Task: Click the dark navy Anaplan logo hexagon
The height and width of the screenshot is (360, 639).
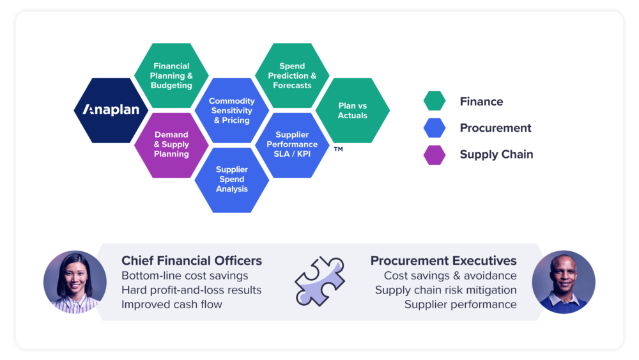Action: pos(111,111)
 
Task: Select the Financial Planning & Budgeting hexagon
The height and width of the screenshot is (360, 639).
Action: pos(171,76)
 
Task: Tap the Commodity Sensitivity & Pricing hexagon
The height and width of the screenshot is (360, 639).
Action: pos(232,111)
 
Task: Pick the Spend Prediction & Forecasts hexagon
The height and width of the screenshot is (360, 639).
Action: pos(292,76)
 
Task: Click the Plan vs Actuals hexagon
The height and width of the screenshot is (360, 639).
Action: pos(353,111)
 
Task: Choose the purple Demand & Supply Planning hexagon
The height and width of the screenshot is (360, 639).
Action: pos(171,145)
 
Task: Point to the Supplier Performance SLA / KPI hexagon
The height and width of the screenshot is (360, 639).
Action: pos(292,145)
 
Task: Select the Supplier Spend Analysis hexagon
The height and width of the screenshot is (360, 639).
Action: pos(232,180)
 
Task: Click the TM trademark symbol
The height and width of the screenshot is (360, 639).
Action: pos(338,149)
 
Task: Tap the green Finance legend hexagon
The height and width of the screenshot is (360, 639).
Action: pos(435,100)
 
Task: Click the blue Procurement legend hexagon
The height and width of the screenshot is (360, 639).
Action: pos(435,128)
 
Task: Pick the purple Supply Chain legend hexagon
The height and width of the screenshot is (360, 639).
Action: pos(435,155)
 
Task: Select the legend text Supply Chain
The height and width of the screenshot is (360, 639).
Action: pos(497,155)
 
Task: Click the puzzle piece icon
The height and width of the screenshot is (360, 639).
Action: pos(320,281)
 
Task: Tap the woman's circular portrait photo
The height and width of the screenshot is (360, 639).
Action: pos(75,282)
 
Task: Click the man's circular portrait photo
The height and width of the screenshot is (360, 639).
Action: pos(564,282)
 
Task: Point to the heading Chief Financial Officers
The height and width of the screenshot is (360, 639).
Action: pos(192,260)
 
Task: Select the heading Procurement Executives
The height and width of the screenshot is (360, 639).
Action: pos(443,260)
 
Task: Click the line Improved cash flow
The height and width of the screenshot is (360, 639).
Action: pos(171,304)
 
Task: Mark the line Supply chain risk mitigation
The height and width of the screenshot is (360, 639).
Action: pos(446,290)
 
